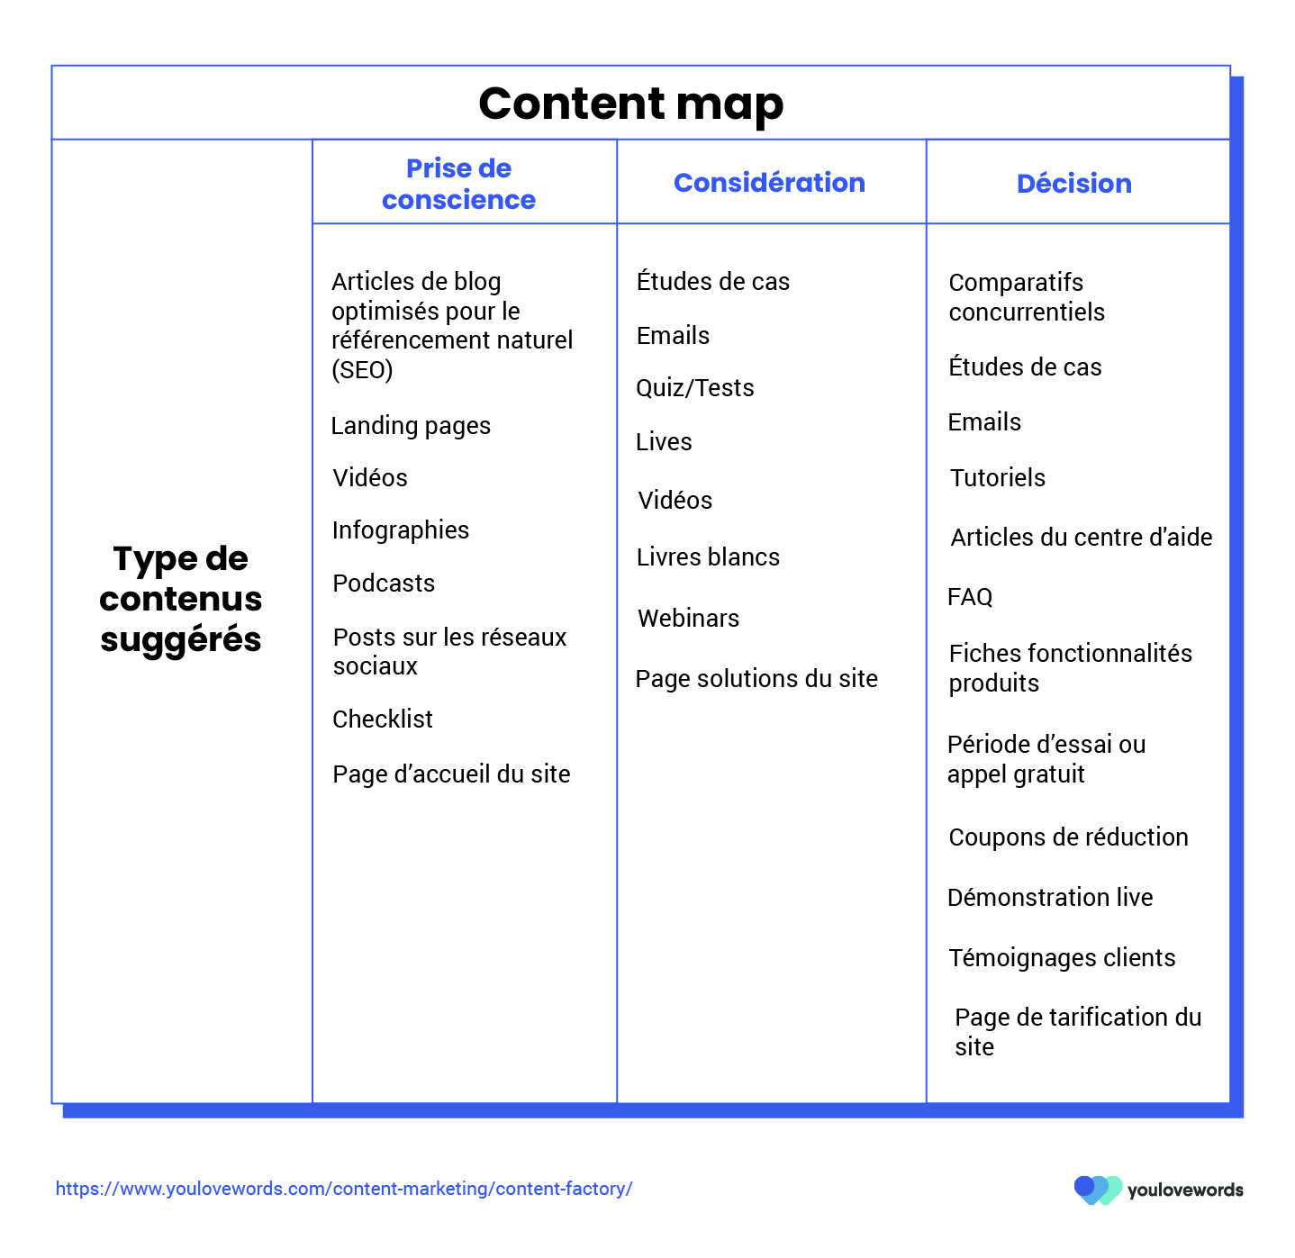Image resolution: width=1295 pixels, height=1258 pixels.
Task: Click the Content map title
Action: click(630, 104)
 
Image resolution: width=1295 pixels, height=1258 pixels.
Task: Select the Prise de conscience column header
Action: click(458, 184)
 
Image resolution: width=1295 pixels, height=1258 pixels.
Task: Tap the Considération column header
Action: click(769, 182)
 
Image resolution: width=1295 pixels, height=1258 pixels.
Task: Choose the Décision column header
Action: click(1073, 183)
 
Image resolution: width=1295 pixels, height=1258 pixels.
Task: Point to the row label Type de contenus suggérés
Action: click(180, 599)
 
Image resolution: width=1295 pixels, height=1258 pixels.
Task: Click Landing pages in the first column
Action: click(411, 426)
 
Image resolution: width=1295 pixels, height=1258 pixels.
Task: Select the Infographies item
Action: click(401, 530)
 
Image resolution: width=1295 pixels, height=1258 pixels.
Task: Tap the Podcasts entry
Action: click(384, 583)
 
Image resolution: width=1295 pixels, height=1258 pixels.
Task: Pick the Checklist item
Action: click(383, 719)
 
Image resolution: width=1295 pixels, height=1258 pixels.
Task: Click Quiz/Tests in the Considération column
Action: click(694, 388)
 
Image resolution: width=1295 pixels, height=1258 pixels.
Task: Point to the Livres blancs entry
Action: click(708, 557)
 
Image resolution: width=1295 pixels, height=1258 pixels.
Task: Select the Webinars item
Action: click(688, 618)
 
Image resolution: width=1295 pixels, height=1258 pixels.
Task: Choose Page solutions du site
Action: click(756, 679)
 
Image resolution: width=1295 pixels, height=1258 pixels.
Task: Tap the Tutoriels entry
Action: click(997, 477)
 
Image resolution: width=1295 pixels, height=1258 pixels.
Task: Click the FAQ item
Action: click(970, 597)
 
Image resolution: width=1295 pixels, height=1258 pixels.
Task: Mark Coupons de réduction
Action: click(1068, 837)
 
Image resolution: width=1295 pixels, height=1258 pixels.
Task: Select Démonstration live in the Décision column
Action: click(1049, 898)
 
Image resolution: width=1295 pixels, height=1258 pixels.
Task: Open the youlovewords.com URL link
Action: click(344, 1189)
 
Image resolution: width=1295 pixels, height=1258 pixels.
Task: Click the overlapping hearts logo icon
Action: click(1098, 1190)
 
